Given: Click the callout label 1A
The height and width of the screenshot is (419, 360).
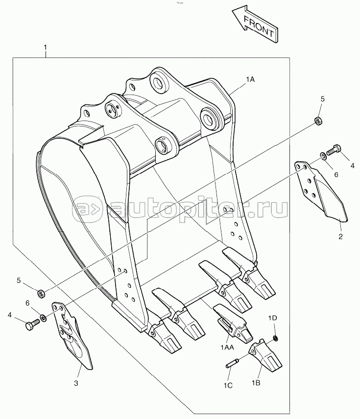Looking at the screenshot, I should (x=250, y=79).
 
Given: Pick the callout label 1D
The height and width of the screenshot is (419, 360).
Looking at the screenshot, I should (x=273, y=319).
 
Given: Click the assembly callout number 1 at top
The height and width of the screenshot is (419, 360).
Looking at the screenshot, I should (x=46, y=48).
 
